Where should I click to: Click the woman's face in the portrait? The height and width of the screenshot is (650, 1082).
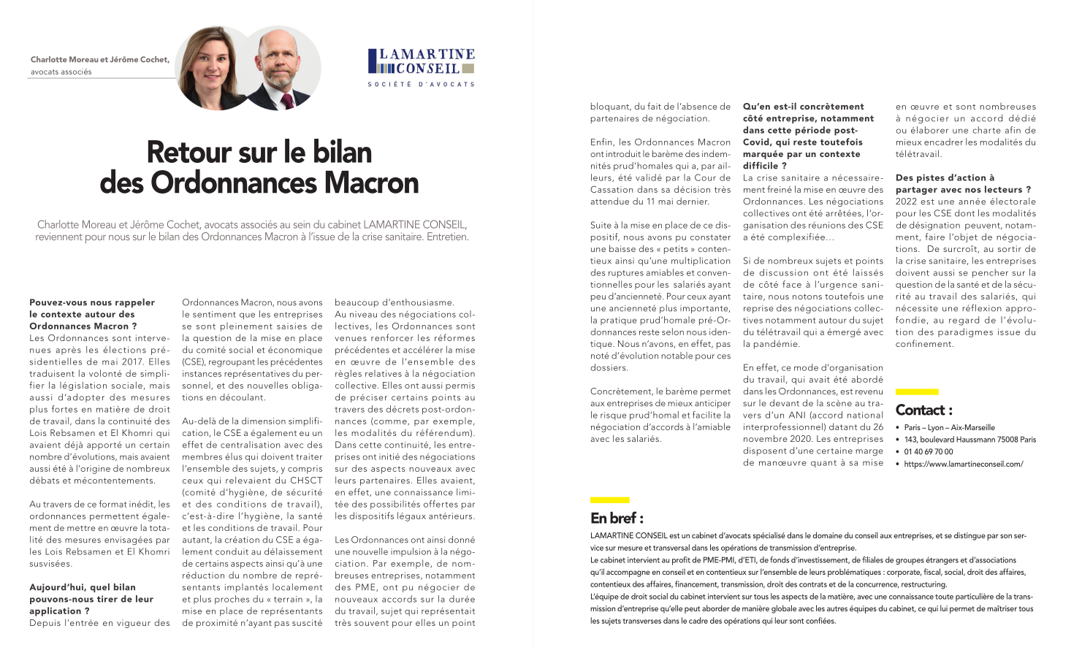coord(209,64)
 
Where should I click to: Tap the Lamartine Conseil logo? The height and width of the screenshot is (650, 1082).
coord(422,62)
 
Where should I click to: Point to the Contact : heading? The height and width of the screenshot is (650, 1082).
coord(923,410)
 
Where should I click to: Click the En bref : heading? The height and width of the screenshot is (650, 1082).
coord(617,518)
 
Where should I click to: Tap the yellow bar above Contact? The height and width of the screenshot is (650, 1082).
coord(916,392)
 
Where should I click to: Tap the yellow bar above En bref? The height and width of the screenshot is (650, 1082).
coord(609,500)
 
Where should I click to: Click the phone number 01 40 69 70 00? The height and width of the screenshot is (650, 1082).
coord(928,451)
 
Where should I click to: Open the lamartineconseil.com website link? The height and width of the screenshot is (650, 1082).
coord(963,464)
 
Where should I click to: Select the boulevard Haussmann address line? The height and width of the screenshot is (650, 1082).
coord(969,440)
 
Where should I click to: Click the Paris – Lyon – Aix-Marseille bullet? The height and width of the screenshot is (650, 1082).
coord(949,427)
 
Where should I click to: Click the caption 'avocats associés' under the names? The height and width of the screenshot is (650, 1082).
coord(61,72)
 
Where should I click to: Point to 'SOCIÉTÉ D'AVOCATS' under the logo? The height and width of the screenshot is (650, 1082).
coord(422,84)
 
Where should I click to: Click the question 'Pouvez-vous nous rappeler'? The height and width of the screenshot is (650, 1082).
coord(92,302)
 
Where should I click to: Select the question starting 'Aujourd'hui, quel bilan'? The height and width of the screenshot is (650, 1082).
coord(83,587)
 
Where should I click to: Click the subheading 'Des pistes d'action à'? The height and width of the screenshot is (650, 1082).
coord(945,177)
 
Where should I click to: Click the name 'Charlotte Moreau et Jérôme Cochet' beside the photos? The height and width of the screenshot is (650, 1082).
coord(100,59)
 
